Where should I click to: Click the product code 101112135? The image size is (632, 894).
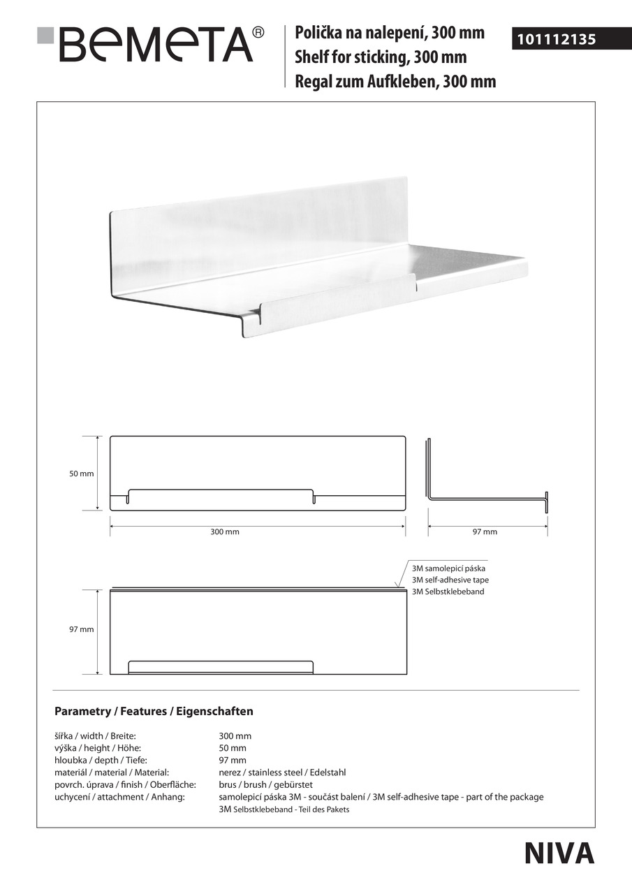(557, 40)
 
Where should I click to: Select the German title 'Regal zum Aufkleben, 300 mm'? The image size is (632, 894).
(395, 82)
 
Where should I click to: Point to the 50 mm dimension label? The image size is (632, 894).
(81, 474)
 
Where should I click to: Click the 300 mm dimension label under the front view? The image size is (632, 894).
(225, 532)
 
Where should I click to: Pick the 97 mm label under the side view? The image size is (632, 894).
(485, 532)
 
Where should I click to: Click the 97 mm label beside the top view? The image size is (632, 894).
(81, 629)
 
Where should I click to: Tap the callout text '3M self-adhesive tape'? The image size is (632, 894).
(450, 580)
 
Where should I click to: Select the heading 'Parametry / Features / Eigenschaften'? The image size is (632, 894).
(154, 712)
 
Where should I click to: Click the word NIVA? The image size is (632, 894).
(559, 853)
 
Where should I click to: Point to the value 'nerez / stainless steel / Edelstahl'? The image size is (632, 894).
(282, 772)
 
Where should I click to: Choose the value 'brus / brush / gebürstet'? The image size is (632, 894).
(263, 784)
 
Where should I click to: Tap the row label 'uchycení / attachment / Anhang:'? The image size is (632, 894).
(119, 797)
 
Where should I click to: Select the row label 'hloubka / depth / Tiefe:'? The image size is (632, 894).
(101, 760)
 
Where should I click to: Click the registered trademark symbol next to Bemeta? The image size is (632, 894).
(258, 32)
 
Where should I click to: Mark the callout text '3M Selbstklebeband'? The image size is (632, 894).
(448, 592)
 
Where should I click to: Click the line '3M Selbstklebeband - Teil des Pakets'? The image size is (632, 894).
(284, 809)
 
